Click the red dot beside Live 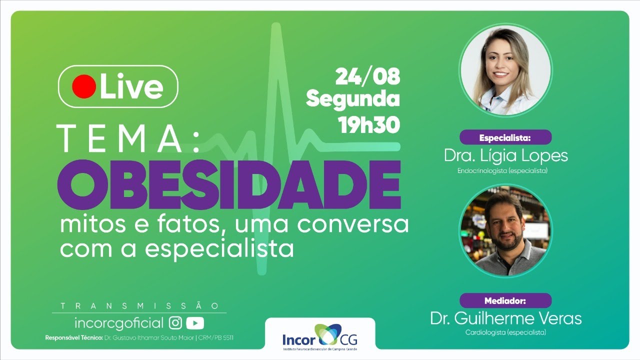pyautogui.click(x=83, y=86)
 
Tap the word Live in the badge pyautogui.click(x=131, y=87)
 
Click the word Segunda pyautogui.click(x=353, y=99)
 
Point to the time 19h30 pyautogui.click(x=369, y=124)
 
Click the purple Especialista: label pyautogui.click(x=505, y=137)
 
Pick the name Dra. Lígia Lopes pyautogui.click(x=505, y=155)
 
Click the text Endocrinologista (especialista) pyautogui.click(x=502, y=170)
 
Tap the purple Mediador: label pyautogui.click(x=505, y=300)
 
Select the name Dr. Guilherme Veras pyautogui.click(x=505, y=318)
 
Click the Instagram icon pyautogui.click(x=175, y=322)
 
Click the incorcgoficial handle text pyautogui.click(x=118, y=322)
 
